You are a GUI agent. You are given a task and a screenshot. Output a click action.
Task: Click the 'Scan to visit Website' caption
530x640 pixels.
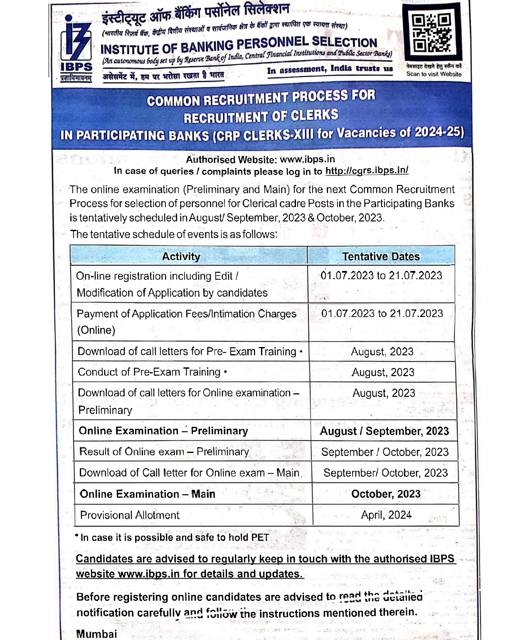tap(434, 74)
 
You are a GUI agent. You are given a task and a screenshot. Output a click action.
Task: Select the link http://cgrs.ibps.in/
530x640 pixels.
tap(367, 170)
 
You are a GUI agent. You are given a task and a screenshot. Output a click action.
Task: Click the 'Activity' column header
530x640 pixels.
tap(181, 256)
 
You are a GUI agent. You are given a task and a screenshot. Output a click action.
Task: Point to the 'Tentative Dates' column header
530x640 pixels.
tap(381, 256)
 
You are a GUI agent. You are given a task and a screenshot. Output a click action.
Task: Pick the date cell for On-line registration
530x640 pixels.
tap(381, 276)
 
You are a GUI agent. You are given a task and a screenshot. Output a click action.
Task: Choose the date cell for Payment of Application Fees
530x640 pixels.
tap(382, 313)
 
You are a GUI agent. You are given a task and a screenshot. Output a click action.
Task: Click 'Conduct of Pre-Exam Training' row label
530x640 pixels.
tap(149, 372)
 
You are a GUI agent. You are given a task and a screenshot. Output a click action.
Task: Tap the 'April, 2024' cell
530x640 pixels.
tap(386, 515)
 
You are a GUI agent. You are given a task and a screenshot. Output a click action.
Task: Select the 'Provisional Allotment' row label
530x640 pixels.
tap(130, 515)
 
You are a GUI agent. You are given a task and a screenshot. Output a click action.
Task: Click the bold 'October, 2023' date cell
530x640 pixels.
tap(386, 494)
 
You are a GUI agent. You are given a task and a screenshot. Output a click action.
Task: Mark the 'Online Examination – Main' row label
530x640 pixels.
tap(148, 494)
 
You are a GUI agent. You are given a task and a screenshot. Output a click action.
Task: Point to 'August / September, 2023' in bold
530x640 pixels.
tap(385, 431)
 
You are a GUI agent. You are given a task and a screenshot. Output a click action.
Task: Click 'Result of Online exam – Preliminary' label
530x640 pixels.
tap(164, 452)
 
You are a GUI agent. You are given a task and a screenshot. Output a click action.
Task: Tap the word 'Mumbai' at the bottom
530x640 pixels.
tap(96, 634)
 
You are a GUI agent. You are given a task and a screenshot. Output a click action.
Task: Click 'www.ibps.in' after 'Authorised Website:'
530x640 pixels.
tap(307, 159)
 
